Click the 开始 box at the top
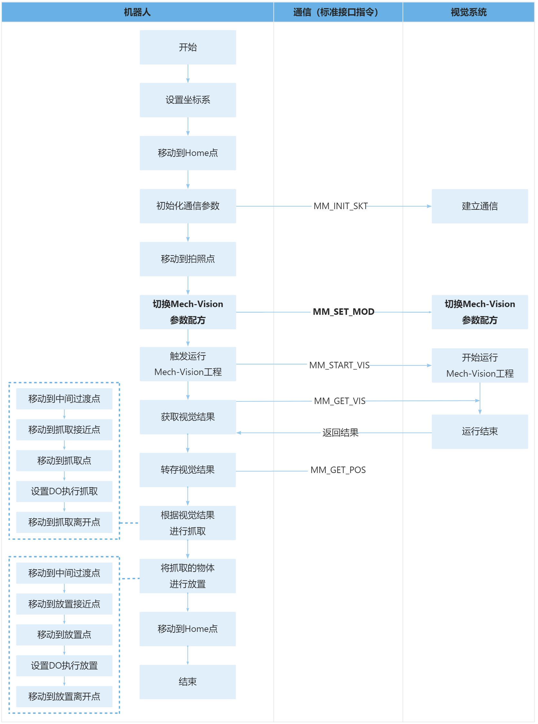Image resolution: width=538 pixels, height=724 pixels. tap(188, 47)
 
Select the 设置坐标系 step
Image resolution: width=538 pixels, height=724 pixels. tap(188, 100)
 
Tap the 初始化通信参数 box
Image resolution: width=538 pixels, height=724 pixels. tap(188, 206)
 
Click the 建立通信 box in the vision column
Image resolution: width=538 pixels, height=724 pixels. tap(479, 206)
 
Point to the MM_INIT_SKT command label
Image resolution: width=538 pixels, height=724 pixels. tap(340, 206)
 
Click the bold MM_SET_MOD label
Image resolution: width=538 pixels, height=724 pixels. tap(343, 312)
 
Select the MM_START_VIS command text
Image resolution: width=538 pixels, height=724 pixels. tap(339, 365)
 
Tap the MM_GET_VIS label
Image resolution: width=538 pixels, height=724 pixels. tap(340, 401)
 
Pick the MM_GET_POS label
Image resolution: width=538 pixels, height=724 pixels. tap(338, 470)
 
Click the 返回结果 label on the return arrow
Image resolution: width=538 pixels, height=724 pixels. tap(340, 433)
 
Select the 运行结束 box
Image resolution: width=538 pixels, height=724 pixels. tap(479, 431)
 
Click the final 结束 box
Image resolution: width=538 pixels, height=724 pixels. tap(188, 681)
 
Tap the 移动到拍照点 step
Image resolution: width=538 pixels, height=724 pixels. tap(188, 259)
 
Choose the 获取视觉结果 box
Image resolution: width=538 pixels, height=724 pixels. tap(188, 417)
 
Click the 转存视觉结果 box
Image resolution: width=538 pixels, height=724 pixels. tap(188, 470)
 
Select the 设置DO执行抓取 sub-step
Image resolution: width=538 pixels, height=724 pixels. tap(64, 491)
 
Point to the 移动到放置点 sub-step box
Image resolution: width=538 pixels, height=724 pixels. tap(64, 635)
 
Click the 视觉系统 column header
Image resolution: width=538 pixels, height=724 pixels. tap(468, 12)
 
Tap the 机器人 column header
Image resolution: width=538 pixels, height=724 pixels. tap(137, 12)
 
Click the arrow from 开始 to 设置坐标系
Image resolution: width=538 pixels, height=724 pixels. tap(188, 74)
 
